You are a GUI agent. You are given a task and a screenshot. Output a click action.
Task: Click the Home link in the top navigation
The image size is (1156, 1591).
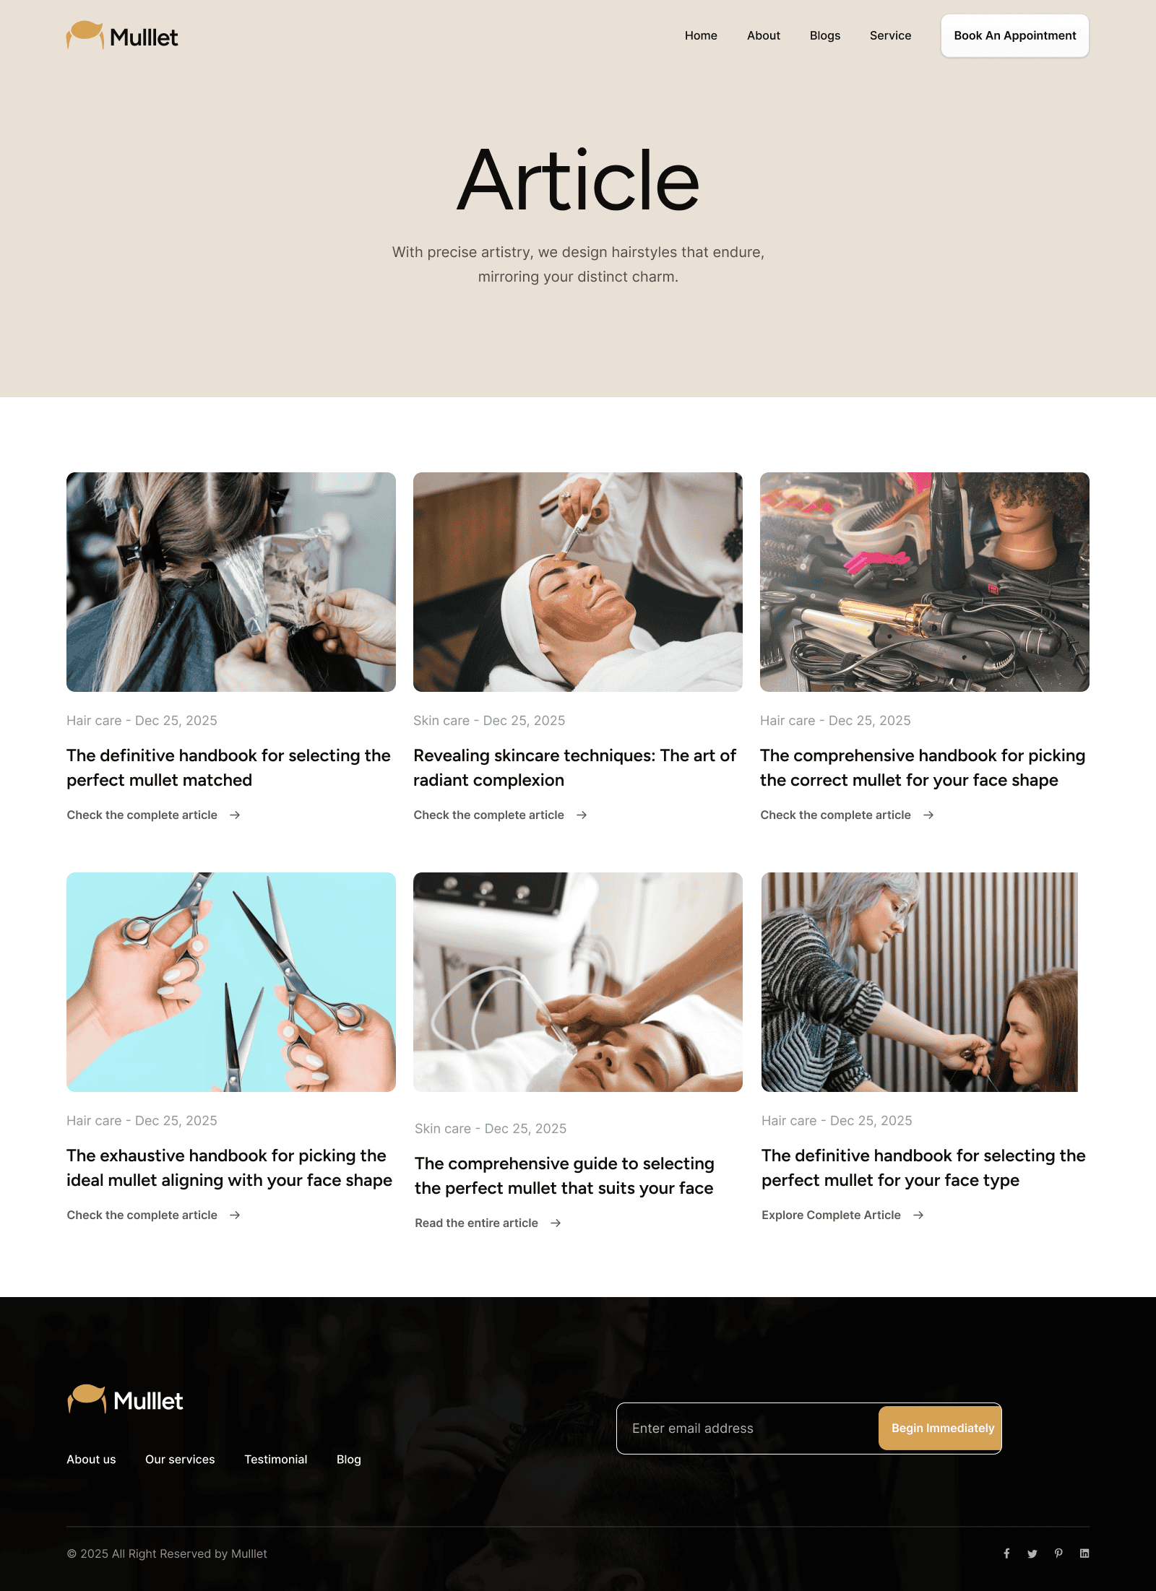[701, 35]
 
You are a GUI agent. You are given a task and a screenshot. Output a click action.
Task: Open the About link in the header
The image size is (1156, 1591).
[764, 35]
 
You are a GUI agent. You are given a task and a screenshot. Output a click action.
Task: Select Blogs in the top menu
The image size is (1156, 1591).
[825, 35]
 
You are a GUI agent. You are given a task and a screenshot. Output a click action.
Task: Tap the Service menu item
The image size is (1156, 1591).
[890, 35]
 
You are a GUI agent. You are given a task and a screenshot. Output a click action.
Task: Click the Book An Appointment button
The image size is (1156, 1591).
[1014, 35]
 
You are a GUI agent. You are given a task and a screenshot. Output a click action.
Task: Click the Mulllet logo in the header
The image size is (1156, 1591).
[122, 35]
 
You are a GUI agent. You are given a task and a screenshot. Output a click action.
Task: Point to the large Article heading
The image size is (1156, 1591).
[578, 180]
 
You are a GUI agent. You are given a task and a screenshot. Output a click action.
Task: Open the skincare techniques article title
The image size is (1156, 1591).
[574, 768]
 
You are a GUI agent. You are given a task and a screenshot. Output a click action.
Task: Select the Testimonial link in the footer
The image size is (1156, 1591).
[275, 1459]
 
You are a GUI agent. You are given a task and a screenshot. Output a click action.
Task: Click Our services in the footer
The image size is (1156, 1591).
[180, 1459]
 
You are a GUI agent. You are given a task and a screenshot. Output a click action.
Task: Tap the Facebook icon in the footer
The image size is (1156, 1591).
[1006, 1553]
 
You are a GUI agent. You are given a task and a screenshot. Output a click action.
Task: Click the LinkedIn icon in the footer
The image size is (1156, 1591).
[1084, 1553]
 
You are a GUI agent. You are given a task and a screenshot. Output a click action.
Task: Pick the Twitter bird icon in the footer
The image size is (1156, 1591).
[1032, 1553]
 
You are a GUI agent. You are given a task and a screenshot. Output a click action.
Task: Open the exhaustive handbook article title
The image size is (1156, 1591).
[229, 1168]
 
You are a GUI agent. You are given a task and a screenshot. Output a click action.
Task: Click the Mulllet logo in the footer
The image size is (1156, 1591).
[125, 1400]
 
